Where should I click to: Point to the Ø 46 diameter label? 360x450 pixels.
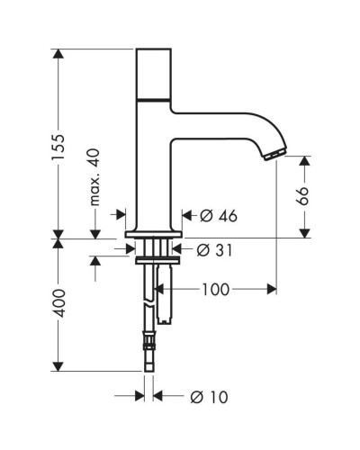tap(215, 216)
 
